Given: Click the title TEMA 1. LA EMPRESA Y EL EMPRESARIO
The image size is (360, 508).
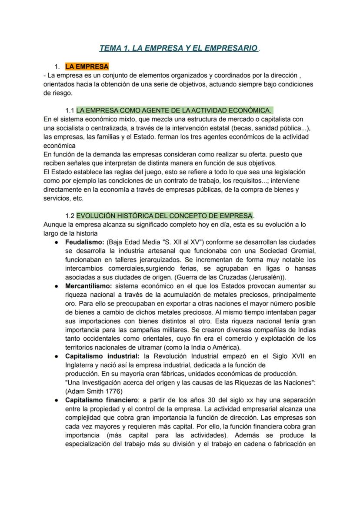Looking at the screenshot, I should pyautogui.click(x=178, y=48).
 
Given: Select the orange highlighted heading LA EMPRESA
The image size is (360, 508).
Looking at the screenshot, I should pyautogui.click(x=87, y=66).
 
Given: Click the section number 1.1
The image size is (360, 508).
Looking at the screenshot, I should pyautogui.click(x=70, y=110).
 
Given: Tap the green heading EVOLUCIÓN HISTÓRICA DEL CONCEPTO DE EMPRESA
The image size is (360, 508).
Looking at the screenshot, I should pyautogui.click(x=164, y=216).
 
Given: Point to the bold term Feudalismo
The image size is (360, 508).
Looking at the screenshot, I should pyautogui.click(x=85, y=242).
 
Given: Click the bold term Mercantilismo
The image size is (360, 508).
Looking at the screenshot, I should pyautogui.click(x=89, y=286).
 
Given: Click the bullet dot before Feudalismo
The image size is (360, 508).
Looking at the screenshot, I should pyautogui.click(x=57, y=242).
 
